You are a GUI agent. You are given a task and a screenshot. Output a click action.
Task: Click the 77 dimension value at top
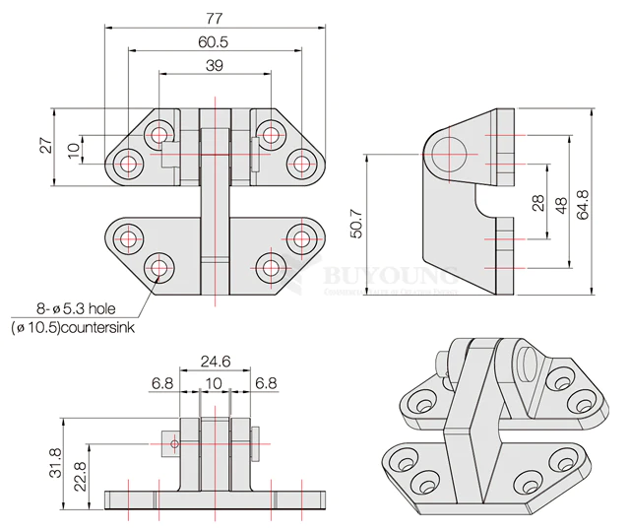[x=214, y=18]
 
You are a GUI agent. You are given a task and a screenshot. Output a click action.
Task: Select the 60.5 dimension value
[x=213, y=42]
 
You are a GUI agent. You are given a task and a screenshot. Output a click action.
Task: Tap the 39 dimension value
[x=214, y=65]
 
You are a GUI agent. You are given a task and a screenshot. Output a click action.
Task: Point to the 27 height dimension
[x=45, y=146]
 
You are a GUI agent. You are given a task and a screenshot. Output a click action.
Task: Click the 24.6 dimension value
[x=215, y=362]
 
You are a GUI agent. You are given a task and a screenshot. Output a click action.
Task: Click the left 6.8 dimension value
[x=163, y=382]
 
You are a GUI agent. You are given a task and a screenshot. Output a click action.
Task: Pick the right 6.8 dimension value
[x=266, y=382]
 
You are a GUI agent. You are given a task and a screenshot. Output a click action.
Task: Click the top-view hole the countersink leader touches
[x=159, y=266]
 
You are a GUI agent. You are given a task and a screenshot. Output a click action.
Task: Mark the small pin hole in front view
[x=174, y=444]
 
